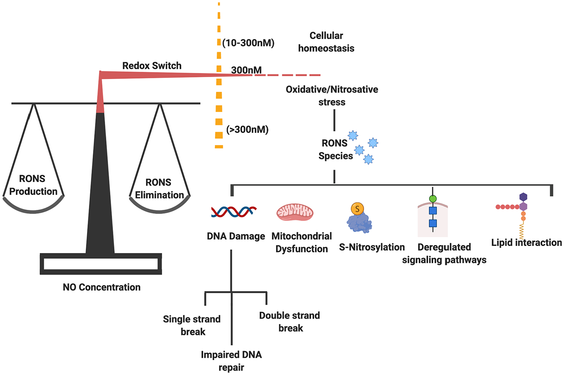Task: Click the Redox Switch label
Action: coord(151,66)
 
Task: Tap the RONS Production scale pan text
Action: coord(33,185)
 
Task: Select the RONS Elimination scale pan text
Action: coord(159,189)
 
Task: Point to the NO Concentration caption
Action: coord(102,287)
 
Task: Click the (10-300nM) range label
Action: coord(248,43)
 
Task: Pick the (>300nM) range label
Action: coord(247,130)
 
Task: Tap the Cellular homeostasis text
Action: coord(326,42)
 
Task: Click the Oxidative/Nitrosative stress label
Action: coord(332,96)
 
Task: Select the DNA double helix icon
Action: coord(234,212)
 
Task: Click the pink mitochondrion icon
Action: coord(295,212)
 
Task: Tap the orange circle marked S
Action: coord(357,209)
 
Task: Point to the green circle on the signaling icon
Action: coord(433,199)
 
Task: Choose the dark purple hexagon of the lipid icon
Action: coord(523,197)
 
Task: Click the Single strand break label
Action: coord(192,325)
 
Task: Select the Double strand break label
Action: coord(289,322)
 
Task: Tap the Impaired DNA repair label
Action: coord(231,361)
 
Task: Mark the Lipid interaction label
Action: coord(526,243)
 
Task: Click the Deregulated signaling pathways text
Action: coord(444,254)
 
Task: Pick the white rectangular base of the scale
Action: coord(100,264)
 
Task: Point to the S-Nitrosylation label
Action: coord(372,247)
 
